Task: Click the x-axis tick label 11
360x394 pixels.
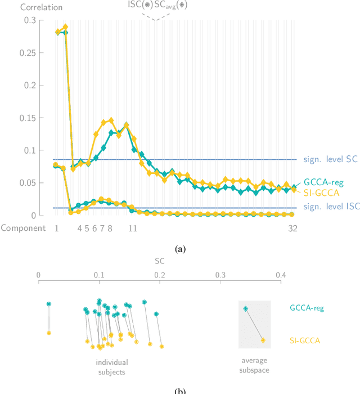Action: (133, 228)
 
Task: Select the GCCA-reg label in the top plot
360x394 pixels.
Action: (323, 182)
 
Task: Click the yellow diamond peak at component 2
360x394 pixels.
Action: (65, 27)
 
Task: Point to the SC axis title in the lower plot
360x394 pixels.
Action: (159, 262)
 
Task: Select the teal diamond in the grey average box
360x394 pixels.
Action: (245, 308)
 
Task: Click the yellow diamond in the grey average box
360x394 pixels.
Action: (263, 340)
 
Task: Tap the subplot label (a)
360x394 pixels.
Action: (180, 248)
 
